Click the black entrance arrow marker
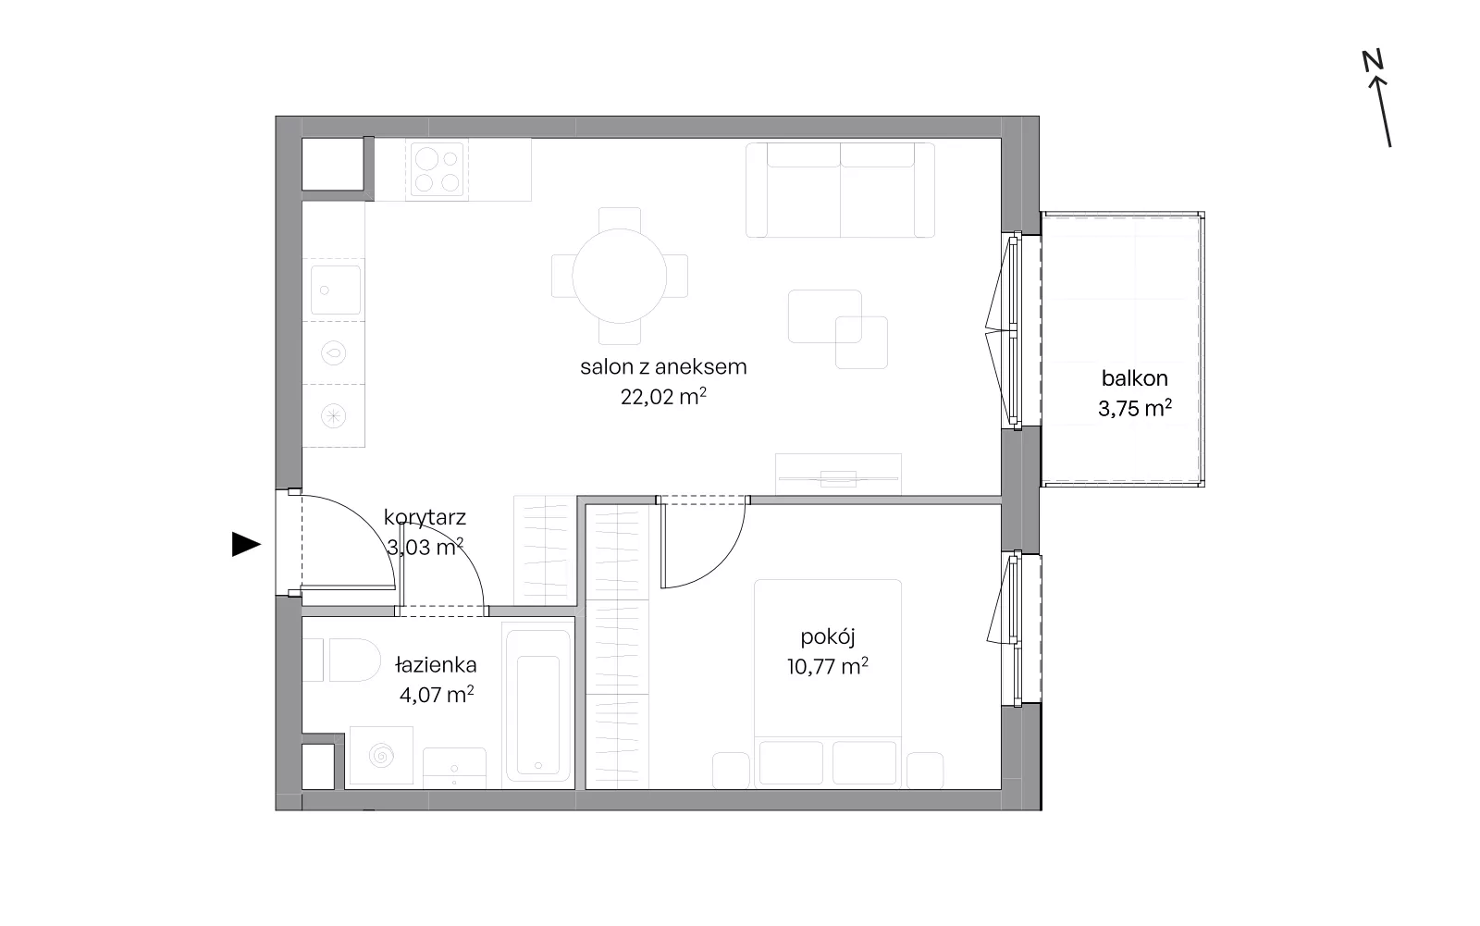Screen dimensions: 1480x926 point(246,545)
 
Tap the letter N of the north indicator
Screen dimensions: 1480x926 point(1373,61)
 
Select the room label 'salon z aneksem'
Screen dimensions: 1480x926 point(663,367)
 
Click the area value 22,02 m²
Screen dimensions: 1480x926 point(663,397)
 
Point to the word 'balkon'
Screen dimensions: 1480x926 point(1134,378)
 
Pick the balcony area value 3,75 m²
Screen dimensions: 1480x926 point(1134,409)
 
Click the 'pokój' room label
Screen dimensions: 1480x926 point(827,637)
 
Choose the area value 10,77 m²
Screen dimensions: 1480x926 point(827,666)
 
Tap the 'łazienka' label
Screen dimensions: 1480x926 point(436,665)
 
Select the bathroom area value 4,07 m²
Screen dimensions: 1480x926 point(436,695)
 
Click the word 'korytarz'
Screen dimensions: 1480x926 point(425,517)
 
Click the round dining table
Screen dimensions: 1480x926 point(619,276)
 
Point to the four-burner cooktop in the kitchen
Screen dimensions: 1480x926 point(437,170)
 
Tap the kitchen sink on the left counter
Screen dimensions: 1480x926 point(336,290)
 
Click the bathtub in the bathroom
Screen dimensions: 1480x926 point(537,705)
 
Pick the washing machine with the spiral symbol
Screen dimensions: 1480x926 point(381,756)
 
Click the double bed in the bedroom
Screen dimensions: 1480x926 point(828,684)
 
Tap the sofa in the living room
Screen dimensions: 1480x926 point(841,190)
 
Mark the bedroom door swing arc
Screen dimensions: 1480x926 point(721,564)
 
